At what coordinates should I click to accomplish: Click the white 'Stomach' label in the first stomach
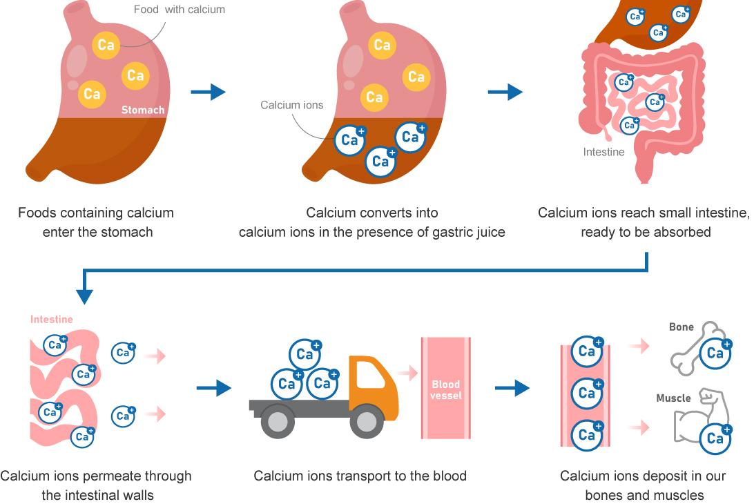tap(143, 110)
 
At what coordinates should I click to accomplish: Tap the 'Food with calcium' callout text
tap(180, 10)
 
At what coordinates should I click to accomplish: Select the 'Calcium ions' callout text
tap(291, 105)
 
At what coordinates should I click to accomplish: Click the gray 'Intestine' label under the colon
tap(603, 152)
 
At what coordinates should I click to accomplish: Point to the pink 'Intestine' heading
tap(51, 320)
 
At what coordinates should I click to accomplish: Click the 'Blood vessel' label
tap(445, 390)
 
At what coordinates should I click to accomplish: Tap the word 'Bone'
tap(681, 327)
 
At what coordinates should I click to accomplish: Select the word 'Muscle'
tap(673, 398)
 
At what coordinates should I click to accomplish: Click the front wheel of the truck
tap(367, 421)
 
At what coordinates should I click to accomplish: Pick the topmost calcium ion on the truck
tap(305, 354)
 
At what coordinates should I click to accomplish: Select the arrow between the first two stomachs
tap(208, 92)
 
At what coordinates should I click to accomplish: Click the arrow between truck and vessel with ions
tap(512, 389)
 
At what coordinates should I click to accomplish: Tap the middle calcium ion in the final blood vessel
tap(586, 394)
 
